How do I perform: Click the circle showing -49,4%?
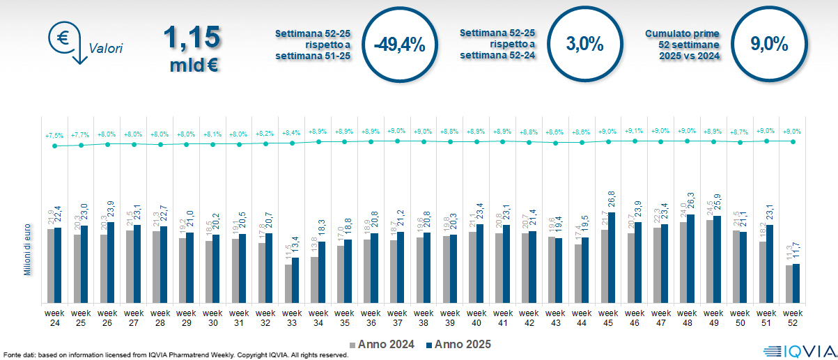coord(399,45)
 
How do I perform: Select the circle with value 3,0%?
coord(584,45)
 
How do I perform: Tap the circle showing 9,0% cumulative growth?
coord(769,45)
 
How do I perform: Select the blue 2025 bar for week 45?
coord(611,258)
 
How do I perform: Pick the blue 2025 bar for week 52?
coord(796,283)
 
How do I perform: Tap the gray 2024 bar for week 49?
coord(709,261)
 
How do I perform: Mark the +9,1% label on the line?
coord(634,131)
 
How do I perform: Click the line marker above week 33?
coord(292,143)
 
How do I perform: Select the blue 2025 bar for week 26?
coord(110,263)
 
